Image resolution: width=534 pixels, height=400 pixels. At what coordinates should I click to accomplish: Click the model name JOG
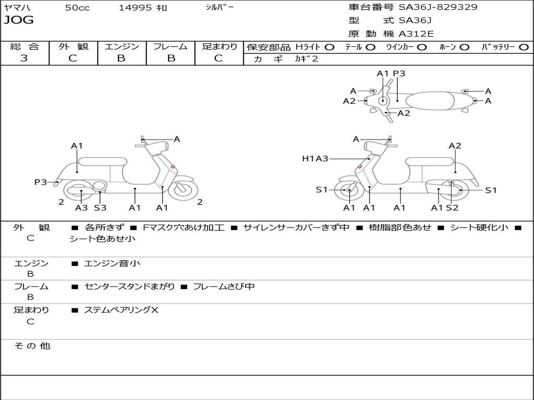19,21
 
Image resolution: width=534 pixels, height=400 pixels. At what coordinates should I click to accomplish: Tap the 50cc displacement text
77,8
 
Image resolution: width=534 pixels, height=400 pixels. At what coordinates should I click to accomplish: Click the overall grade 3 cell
24,58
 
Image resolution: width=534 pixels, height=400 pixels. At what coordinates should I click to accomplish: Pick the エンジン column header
122,46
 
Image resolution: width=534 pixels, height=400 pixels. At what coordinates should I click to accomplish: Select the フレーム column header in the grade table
170,46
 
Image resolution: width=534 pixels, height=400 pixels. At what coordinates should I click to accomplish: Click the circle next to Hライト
330,47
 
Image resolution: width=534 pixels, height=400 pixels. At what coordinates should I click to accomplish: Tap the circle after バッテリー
524,47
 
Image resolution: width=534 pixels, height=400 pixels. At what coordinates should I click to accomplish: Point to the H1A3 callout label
315,158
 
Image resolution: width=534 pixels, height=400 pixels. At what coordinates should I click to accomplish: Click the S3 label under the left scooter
100,208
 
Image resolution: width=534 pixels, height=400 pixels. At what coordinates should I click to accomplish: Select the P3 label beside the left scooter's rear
41,182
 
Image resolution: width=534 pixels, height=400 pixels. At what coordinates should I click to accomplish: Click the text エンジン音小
112,264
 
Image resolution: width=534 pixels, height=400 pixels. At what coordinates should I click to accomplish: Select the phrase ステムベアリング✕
121,310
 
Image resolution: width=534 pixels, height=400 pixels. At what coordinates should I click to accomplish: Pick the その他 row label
31,346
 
